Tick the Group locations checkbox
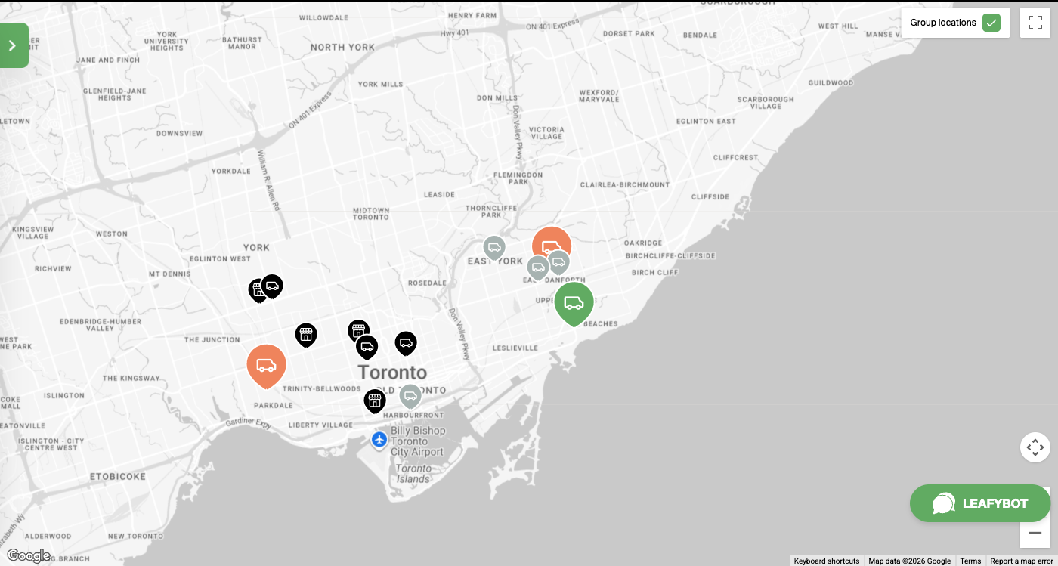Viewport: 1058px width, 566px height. coord(991,23)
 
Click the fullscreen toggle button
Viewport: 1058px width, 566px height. coord(1035,23)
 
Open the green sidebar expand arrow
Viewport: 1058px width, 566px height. coord(13,45)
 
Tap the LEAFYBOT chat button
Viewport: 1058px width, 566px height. coord(979,503)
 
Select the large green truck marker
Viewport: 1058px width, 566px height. coord(574,302)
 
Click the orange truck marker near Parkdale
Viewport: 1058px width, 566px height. coord(266,365)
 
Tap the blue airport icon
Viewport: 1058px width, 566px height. coord(379,439)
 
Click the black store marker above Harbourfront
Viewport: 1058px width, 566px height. coord(374,400)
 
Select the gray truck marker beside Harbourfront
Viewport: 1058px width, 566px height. coord(410,395)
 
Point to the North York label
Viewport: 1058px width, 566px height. coord(342,47)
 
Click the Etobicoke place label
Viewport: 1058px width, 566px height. coord(117,477)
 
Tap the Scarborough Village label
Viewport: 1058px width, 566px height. coord(766,103)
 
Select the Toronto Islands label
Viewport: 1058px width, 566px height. coord(413,474)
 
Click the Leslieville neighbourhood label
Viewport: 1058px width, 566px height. coord(515,348)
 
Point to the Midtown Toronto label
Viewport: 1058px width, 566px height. coord(371,214)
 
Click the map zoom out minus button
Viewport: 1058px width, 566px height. coord(1035,533)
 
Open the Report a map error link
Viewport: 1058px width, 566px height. coord(1021,561)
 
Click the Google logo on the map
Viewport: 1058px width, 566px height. coord(28,556)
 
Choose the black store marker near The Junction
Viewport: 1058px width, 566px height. coord(305,334)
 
